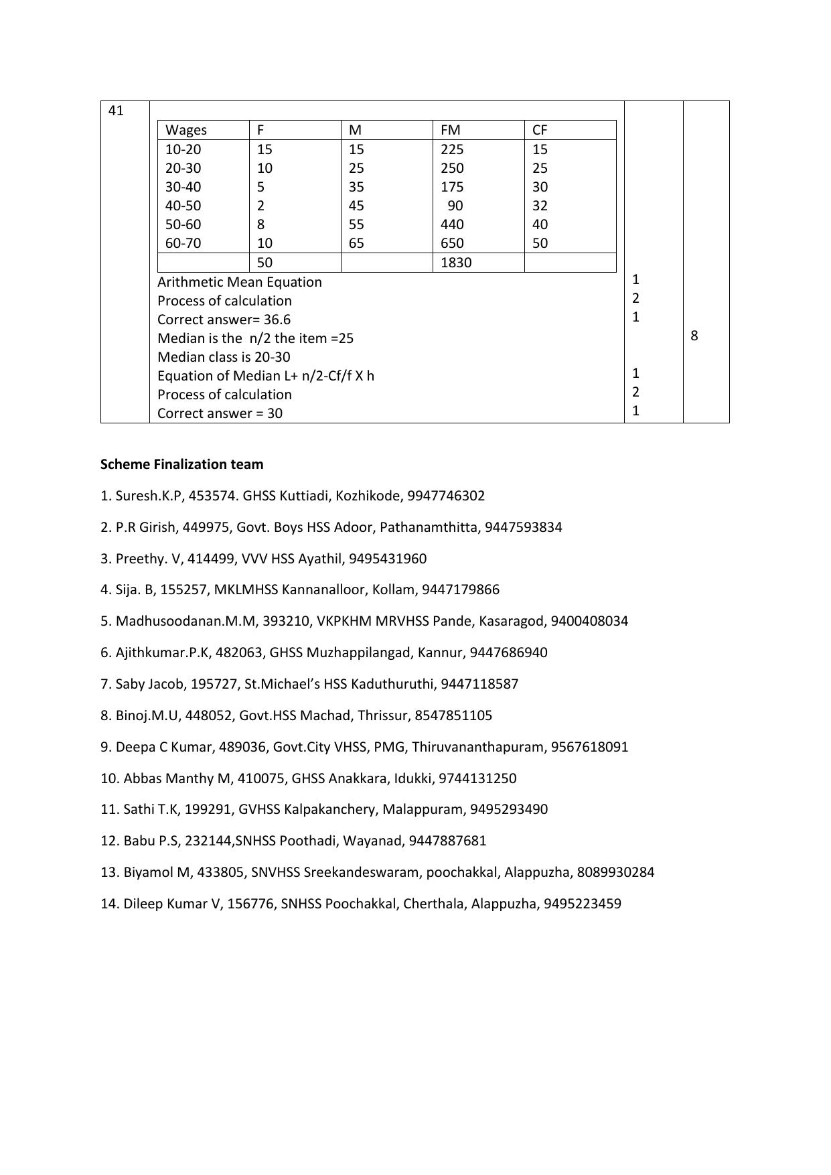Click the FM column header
click(x=450, y=130)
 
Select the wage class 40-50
click(x=183, y=206)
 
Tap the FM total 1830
click(x=456, y=263)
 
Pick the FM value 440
click(x=452, y=224)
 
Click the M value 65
click(x=356, y=243)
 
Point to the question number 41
click(x=116, y=111)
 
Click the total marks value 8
click(x=694, y=336)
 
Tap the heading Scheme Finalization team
click(x=181, y=464)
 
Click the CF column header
click(x=540, y=130)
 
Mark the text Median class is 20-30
click(x=224, y=357)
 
